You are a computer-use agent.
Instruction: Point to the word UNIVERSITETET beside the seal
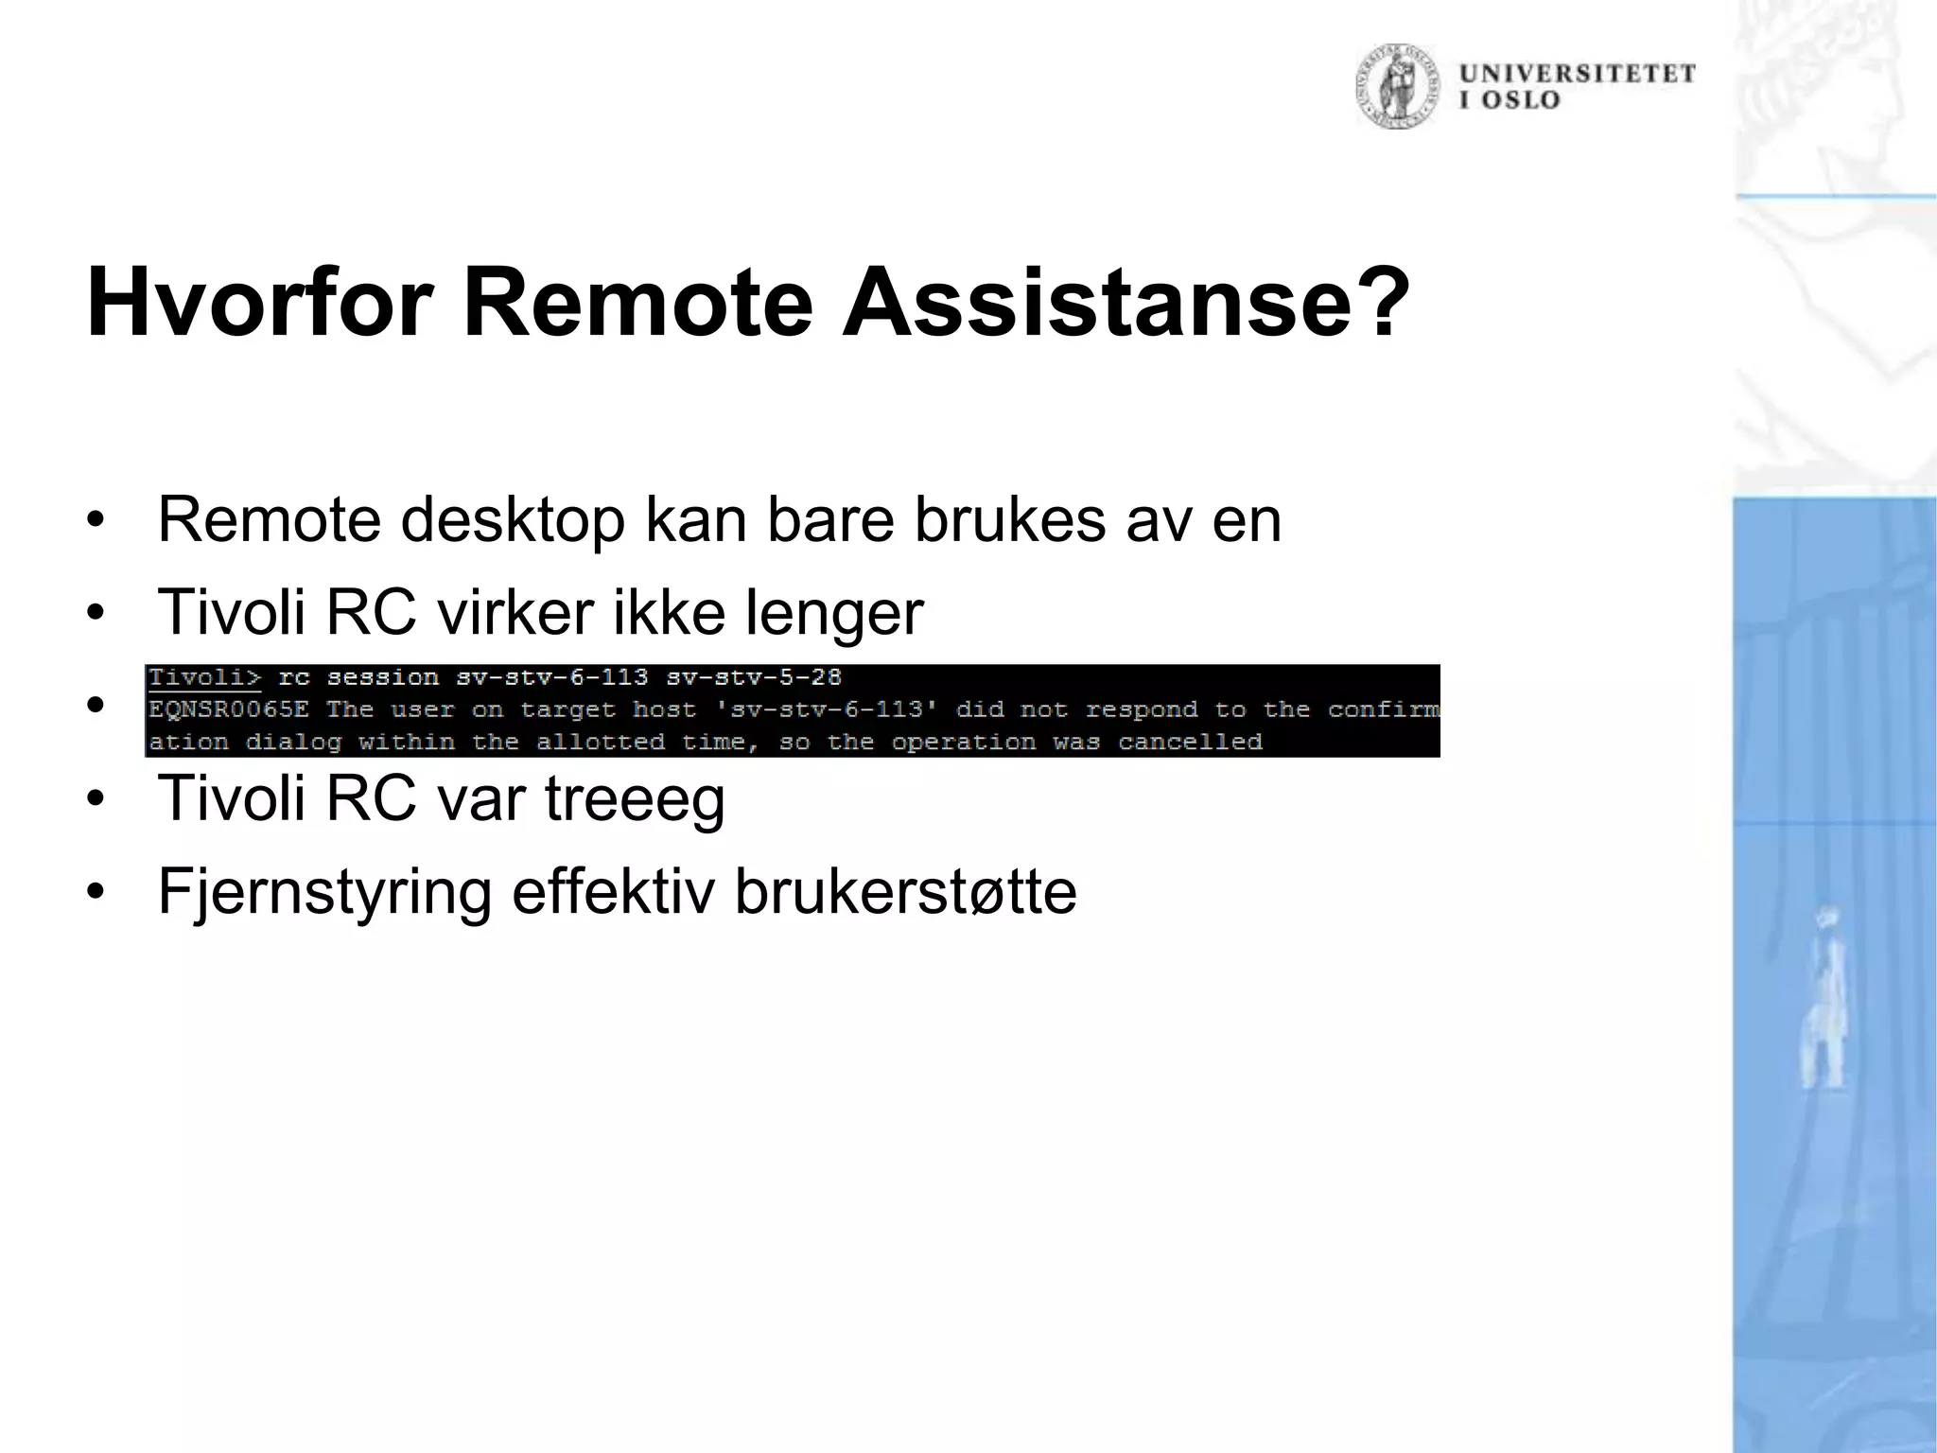[1577, 74]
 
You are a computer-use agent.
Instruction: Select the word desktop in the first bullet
[513, 519]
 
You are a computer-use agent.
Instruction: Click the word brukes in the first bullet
[1009, 519]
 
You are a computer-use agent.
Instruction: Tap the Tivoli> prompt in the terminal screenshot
[204, 677]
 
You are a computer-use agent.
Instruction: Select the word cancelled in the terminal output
[1190, 742]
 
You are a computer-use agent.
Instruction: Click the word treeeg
[635, 799]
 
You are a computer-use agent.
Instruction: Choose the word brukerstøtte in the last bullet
[905, 892]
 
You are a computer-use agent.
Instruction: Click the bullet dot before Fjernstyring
[94, 893]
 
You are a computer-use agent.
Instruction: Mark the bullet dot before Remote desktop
[94, 521]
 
